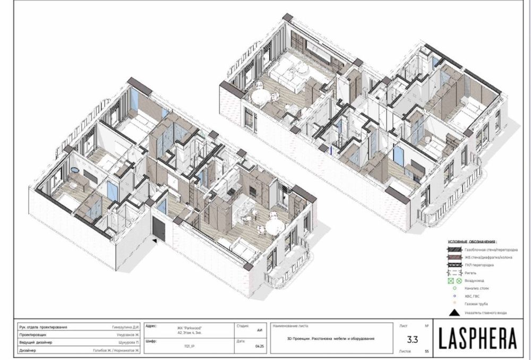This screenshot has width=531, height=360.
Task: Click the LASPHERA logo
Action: click(x=478, y=337)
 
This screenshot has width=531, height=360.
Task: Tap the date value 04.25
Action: click(x=260, y=345)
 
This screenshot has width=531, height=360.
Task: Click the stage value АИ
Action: click(x=260, y=330)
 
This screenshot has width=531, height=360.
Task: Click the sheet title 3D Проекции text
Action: click(x=330, y=338)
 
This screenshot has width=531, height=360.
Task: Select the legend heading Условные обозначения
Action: click(x=472, y=241)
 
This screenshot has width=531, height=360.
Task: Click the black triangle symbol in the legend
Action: click(x=456, y=313)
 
